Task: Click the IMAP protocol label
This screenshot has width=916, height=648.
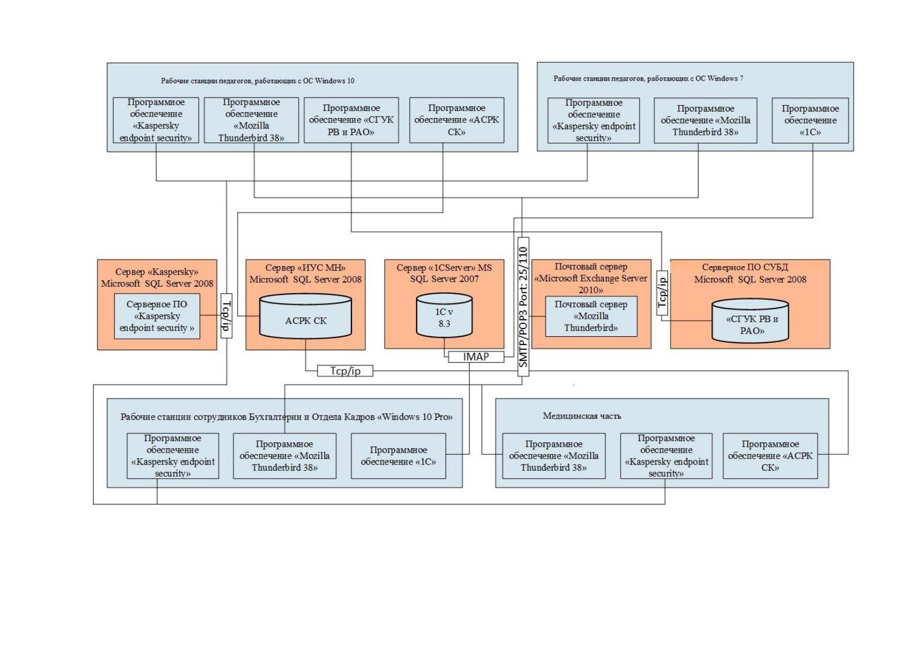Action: [x=476, y=357]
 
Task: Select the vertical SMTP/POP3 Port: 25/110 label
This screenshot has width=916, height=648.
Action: [x=523, y=306]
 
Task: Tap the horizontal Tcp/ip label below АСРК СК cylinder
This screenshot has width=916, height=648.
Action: [x=345, y=371]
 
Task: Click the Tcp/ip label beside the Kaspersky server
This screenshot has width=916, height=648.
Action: [x=226, y=316]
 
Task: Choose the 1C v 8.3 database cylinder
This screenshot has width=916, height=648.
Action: [x=444, y=315]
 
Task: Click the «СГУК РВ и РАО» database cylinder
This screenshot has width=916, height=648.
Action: [x=750, y=320]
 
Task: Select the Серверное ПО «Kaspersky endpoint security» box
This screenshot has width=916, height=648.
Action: [x=157, y=316]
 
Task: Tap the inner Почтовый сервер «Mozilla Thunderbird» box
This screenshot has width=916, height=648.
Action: [x=591, y=316]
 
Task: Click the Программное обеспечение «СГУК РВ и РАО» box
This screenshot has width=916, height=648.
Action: [x=351, y=120]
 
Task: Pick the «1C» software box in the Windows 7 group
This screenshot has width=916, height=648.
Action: [x=810, y=120]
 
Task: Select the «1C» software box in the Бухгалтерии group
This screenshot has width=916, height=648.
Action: [x=398, y=456]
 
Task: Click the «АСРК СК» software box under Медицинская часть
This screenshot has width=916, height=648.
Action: [x=770, y=456]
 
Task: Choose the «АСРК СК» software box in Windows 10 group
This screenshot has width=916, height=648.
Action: [x=457, y=120]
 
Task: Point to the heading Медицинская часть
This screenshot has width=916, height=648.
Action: [x=582, y=416]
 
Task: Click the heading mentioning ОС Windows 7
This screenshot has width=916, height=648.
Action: [x=648, y=78]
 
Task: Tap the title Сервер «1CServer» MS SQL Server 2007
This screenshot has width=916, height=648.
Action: [x=444, y=273]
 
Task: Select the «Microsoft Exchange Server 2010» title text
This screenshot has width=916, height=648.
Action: [x=591, y=284]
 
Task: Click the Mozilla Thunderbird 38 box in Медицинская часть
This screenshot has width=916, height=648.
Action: [x=554, y=456]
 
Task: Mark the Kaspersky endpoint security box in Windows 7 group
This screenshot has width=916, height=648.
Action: [x=594, y=120]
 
